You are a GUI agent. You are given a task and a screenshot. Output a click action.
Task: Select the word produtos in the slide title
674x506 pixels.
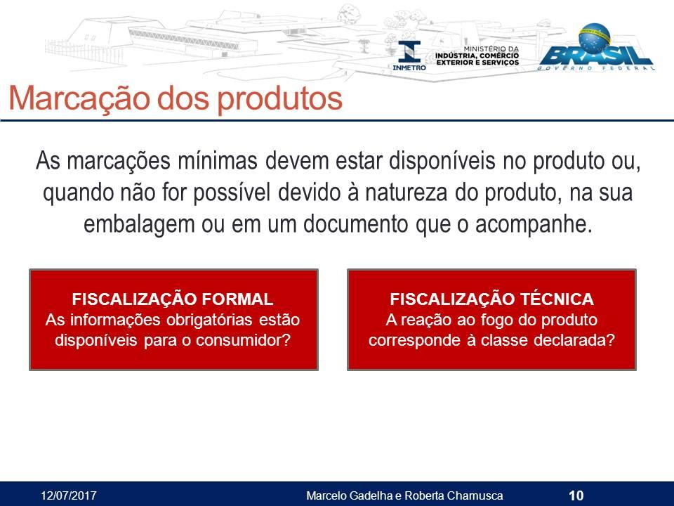[279, 99]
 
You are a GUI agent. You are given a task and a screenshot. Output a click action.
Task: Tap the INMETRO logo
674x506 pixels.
[409, 56]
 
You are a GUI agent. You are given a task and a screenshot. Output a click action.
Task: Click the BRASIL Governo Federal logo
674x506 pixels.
[597, 47]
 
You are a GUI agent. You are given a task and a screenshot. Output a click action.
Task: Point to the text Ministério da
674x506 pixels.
[491, 49]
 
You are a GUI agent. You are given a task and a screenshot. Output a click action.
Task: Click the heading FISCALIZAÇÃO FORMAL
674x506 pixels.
[173, 299]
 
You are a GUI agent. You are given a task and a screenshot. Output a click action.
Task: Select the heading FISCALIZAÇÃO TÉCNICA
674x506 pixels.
[491, 299]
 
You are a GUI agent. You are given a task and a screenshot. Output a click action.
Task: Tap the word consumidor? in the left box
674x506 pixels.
[244, 340]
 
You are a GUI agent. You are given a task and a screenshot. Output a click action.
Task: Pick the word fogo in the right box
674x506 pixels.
[498, 320]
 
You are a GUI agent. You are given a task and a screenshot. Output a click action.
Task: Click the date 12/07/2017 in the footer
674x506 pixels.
[68, 495]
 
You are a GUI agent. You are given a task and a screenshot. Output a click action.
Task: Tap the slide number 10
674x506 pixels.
[576, 495]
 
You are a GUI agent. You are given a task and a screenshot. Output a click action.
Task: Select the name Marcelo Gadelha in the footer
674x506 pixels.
[350, 495]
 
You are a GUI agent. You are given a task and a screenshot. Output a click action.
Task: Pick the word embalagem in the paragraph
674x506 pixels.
[139, 225]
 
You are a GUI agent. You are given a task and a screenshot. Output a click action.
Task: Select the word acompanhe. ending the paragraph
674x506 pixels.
[534, 225]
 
